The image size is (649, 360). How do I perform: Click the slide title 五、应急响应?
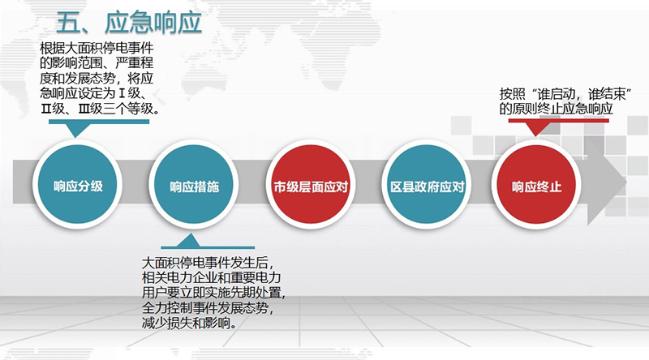click(x=129, y=23)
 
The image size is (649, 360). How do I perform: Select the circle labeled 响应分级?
click(x=77, y=185)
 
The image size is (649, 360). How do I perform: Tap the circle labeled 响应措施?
click(x=194, y=185)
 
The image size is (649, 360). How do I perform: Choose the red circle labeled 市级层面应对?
click(x=311, y=185)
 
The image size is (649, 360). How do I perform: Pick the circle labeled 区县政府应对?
click(x=427, y=185)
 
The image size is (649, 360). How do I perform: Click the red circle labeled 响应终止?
click(x=536, y=185)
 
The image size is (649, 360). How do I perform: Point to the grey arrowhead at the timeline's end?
click(x=606, y=182)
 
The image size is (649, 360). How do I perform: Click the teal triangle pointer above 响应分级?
click(x=75, y=130)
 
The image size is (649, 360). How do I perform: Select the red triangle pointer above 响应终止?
click(x=535, y=129)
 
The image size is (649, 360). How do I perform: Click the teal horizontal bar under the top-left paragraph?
click(x=99, y=122)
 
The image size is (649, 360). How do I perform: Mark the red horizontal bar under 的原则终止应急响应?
click(x=559, y=121)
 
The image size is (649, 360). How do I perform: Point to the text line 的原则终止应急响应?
click(x=556, y=109)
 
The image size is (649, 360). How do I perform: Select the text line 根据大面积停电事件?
click(x=97, y=49)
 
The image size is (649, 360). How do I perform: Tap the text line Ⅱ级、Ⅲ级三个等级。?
click(x=100, y=109)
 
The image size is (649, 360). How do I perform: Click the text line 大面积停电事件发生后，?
click(x=208, y=264)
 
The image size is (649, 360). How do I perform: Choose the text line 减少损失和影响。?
click(x=190, y=323)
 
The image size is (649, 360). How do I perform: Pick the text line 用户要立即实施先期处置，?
click(x=214, y=293)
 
